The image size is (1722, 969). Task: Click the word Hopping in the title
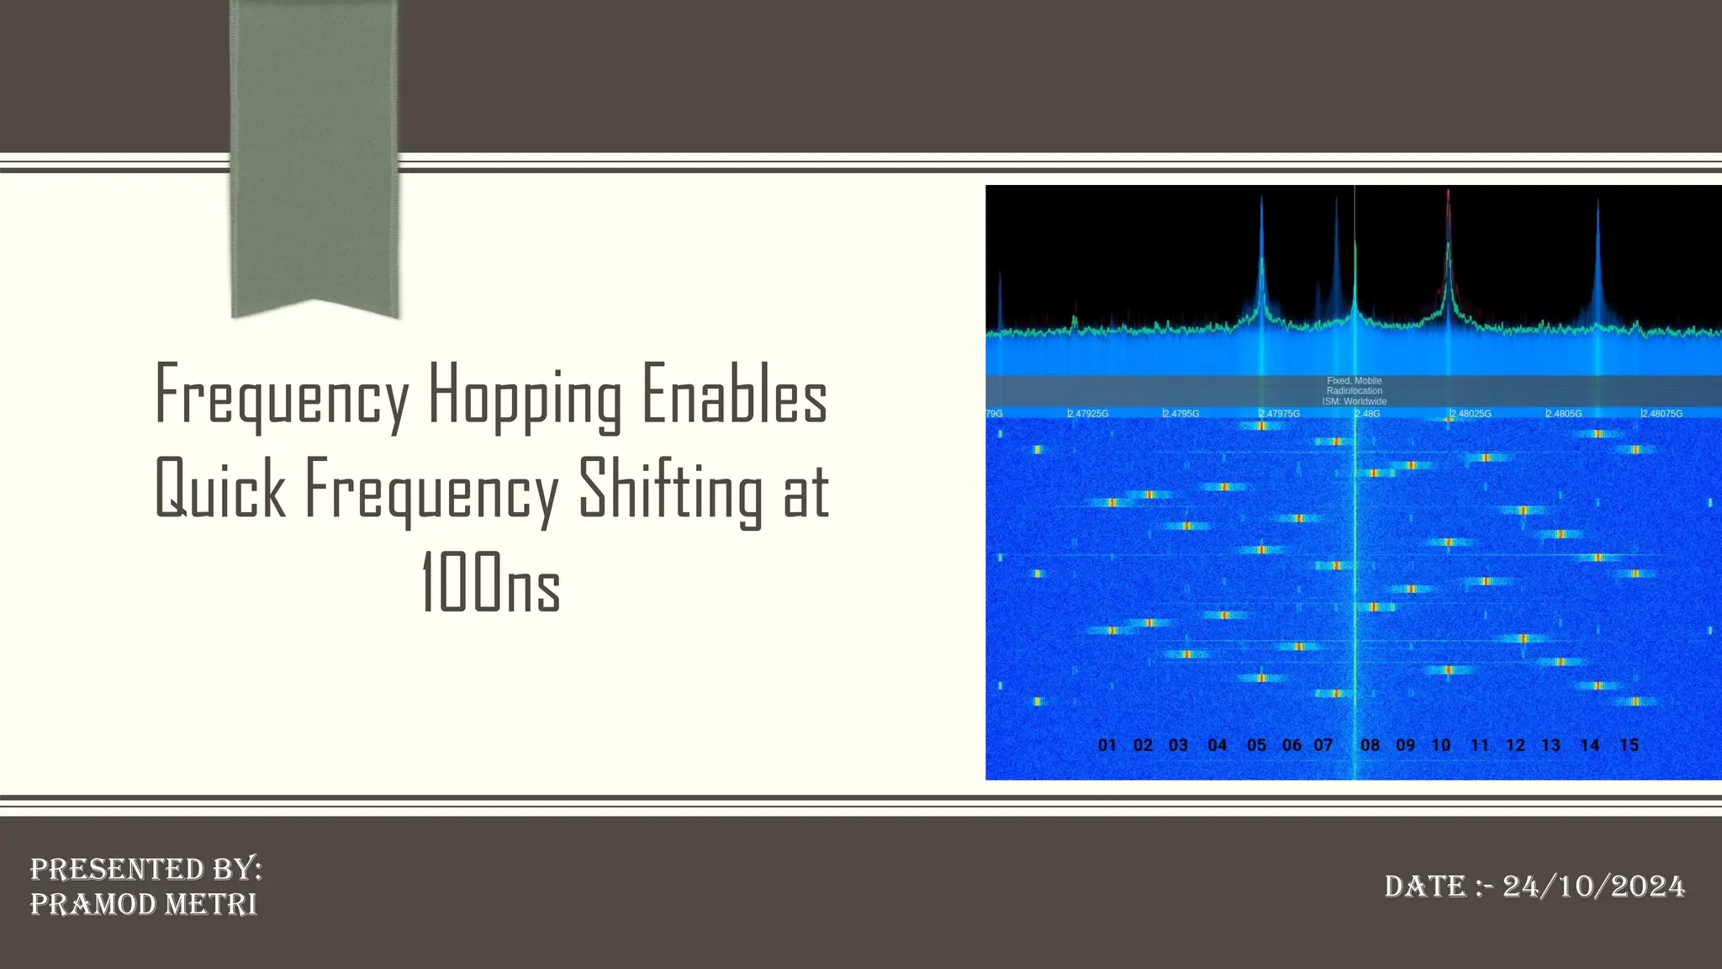(526, 395)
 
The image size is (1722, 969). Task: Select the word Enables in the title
(735, 395)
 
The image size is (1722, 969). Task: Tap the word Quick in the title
(220, 489)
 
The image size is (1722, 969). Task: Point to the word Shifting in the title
(670, 489)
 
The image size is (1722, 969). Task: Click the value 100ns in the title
(490, 583)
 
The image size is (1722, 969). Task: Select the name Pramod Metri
(144, 904)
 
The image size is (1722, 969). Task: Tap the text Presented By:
(146, 869)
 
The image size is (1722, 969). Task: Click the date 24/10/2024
(1593, 887)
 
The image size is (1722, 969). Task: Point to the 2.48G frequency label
(1368, 414)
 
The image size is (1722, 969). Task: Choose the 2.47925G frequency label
(1088, 414)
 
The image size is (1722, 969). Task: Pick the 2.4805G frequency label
(1564, 414)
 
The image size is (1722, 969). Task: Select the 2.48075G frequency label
(1662, 414)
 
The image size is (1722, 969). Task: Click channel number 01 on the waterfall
(1107, 745)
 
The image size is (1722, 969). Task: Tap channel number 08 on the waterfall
(1370, 745)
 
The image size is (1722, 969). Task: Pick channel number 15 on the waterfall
(1629, 745)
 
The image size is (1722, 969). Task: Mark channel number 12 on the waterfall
(1515, 745)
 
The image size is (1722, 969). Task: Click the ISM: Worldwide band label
(1355, 402)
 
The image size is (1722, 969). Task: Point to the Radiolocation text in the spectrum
(1355, 391)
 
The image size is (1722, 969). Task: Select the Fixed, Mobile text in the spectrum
(1355, 381)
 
